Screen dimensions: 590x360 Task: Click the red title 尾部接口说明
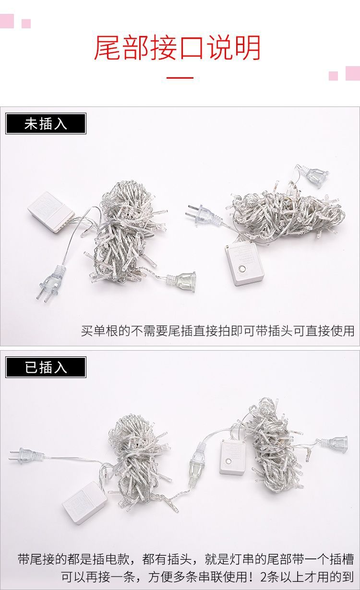click(177, 48)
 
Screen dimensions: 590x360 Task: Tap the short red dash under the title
click(180, 77)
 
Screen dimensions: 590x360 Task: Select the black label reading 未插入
click(46, 124)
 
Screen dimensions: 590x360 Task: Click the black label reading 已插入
click(46, 367)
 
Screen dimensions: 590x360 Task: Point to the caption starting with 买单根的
click(217, 330)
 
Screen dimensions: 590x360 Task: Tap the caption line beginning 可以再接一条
click(207, 576)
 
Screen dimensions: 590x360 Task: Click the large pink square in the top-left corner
click(7, 21)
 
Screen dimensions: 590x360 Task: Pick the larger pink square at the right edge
click(353, 73)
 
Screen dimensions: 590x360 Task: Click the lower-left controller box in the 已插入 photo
click(85, 502)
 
